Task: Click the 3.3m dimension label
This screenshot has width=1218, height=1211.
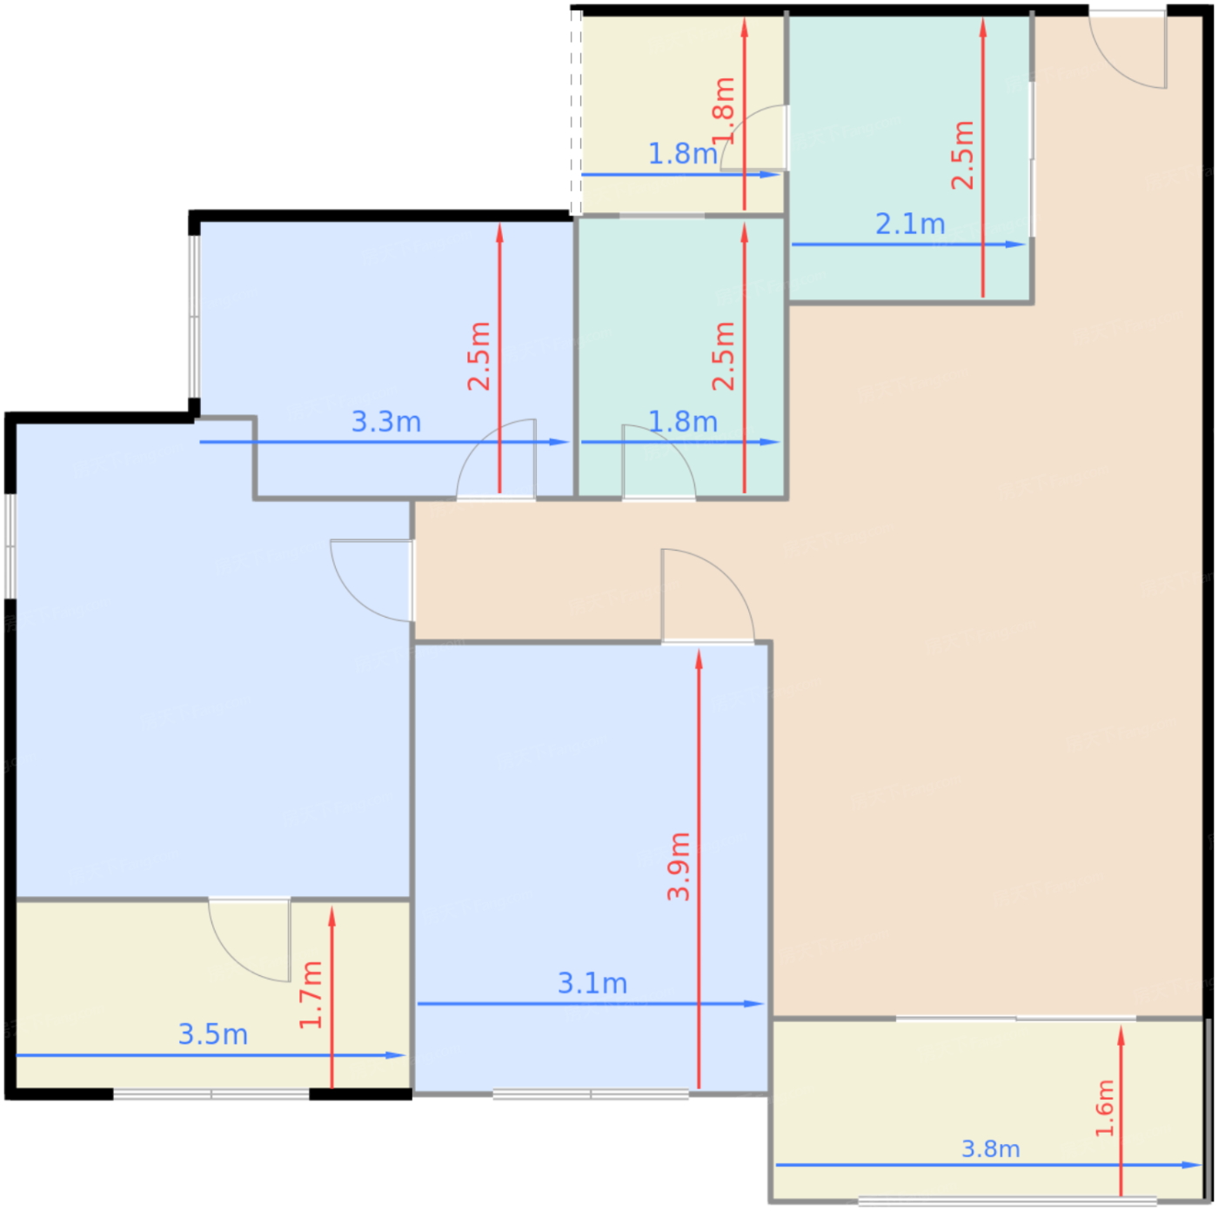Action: click(x=385, y=422)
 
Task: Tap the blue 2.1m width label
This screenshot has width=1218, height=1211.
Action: click(x=909, y=224)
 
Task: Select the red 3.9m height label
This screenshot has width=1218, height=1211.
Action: click(x=679, y=866)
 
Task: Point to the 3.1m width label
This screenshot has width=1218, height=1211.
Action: click(x=592, y=983)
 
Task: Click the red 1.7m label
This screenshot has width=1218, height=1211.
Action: click(x=311, y=995)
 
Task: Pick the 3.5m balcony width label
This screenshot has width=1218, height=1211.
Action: click(x=213, y=1034)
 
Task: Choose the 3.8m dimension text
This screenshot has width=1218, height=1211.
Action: click(x=990, y=1148)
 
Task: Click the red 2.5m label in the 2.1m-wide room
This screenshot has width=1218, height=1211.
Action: click(x=962, y=155)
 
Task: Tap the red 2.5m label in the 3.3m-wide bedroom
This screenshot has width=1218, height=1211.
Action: click(x=479, y=356)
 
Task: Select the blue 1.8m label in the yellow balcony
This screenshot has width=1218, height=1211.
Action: click(x=683, y=154)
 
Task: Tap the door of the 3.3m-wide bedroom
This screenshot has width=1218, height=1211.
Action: click(x=496, y=458)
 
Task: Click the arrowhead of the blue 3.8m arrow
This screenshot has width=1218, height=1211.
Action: click(x=1192, y=1165)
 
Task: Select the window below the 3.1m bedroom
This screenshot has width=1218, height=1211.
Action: click(x=591, y=1094)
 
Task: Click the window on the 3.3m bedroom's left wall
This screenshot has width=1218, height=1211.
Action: click(x=194, y=316)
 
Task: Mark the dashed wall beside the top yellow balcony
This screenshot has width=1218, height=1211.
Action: click(x=576, y=112)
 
